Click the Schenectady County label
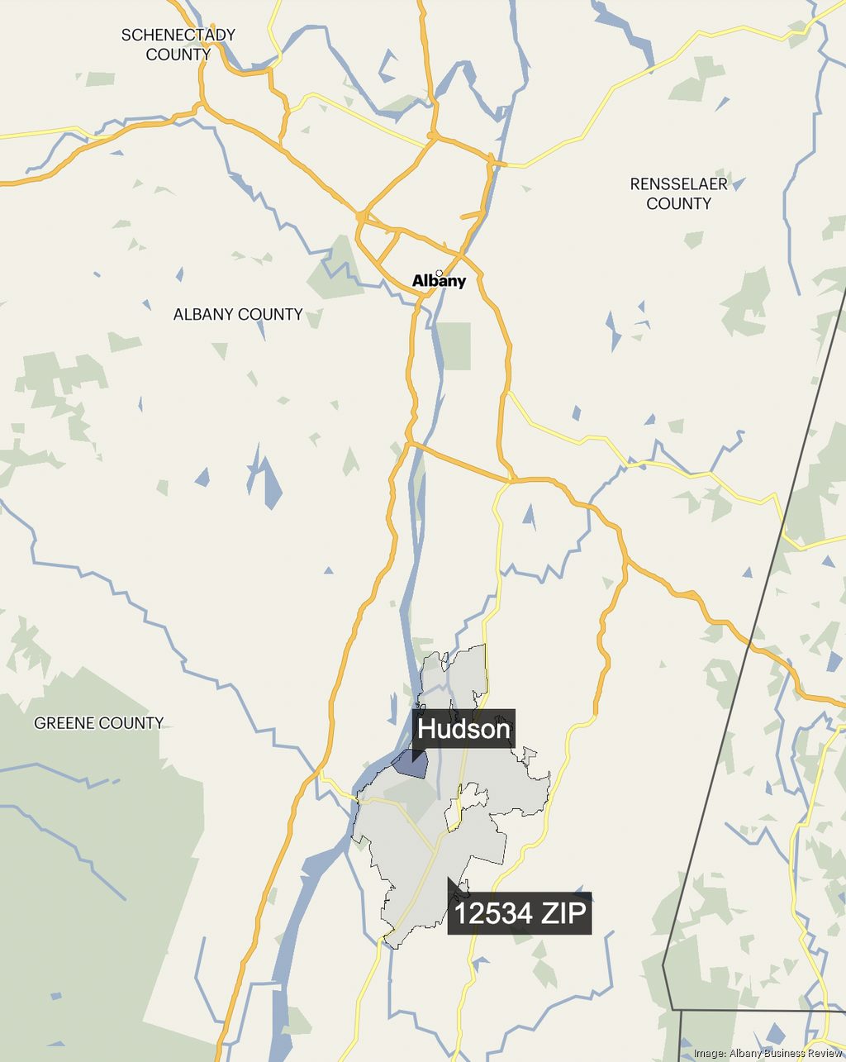coord(178,45)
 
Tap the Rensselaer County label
coord(678,193)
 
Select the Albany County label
coord(238,314)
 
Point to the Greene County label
coord(98,723)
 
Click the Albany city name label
coord(440,282)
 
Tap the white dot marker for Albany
coord(440,273)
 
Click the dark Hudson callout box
coord(464,729)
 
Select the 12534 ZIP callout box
coord(520,913)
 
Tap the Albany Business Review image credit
coord(768,1053)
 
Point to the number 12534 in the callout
coord(494,913)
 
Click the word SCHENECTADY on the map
coord(178,35)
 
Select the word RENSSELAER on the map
coord(678,183)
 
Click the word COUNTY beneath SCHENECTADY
coord(178,55)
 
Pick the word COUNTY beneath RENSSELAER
coord(678,203)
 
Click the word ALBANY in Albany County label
coord(203,314)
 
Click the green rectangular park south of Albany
coord(453,346)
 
